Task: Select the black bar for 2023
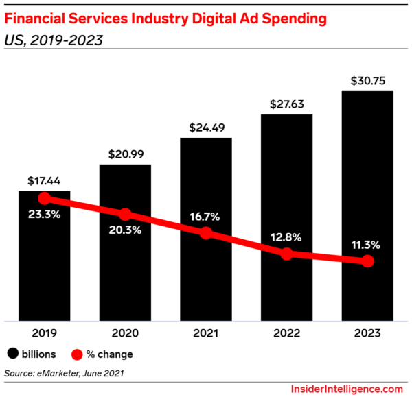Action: coord(367,206)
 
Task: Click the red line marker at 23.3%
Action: coord(45,199)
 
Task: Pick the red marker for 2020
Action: coord(125,215)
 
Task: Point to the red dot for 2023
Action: coord(367,261)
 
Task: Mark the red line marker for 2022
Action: coord(286,254)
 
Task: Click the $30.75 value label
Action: coord(367,80)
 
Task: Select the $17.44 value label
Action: coord(44,181)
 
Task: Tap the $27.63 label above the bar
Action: coord(286,104)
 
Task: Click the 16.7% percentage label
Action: coord(205,217)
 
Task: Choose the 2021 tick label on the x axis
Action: coord(205,333)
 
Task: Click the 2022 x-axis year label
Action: coord(286,333)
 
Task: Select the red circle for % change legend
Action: coord(78,354)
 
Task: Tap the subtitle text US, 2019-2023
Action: coord(54,40)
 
